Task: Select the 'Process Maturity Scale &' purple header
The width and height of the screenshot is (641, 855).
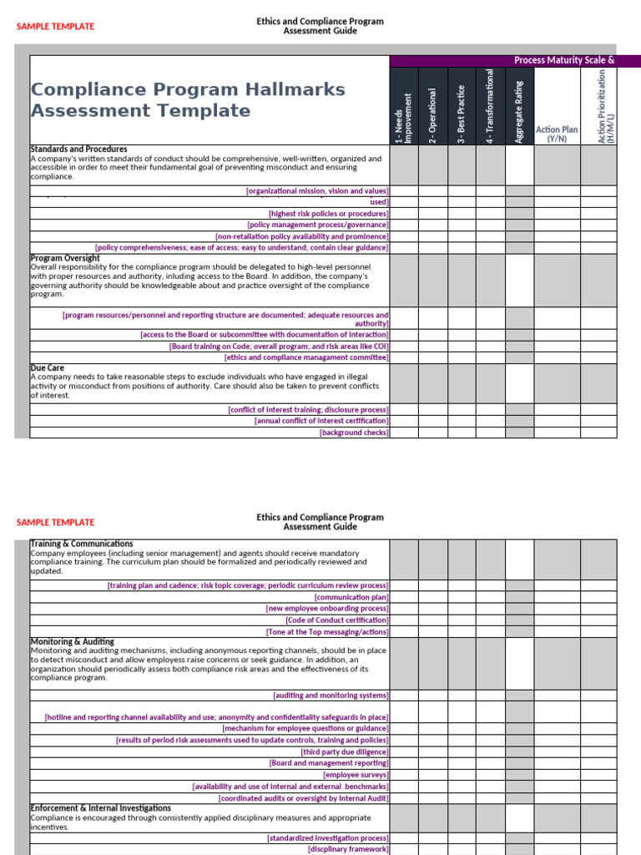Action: click(x=564, y=60)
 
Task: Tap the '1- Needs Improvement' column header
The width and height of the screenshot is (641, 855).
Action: click(x=404, y=118)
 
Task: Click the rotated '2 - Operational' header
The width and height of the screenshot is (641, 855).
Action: click(x=433, y=116)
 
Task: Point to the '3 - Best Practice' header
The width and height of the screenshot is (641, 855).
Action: click(x=462, y=114)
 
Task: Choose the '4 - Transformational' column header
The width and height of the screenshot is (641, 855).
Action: click(x=490, y=107)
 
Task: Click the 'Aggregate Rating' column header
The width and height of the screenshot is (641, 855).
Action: click(x=519, y=112)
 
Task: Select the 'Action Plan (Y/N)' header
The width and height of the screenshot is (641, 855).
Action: click(x=557, y=134)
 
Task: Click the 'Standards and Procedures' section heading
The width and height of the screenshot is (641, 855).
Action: click(x=78, y=149)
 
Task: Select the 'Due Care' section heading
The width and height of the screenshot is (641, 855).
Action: click(x=48, y=367)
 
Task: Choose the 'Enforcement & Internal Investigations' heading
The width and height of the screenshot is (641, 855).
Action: click(x=100, y=808)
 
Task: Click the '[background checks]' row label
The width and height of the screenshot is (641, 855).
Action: click(x=354, y=433)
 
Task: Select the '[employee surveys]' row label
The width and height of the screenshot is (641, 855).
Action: click(x=356, y=775)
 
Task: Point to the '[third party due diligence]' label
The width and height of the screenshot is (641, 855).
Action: click(x=344, y=751)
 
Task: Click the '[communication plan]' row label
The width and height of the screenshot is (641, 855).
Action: click(x=351, y=597)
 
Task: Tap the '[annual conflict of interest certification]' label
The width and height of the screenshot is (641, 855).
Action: click(x=321, y=421)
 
